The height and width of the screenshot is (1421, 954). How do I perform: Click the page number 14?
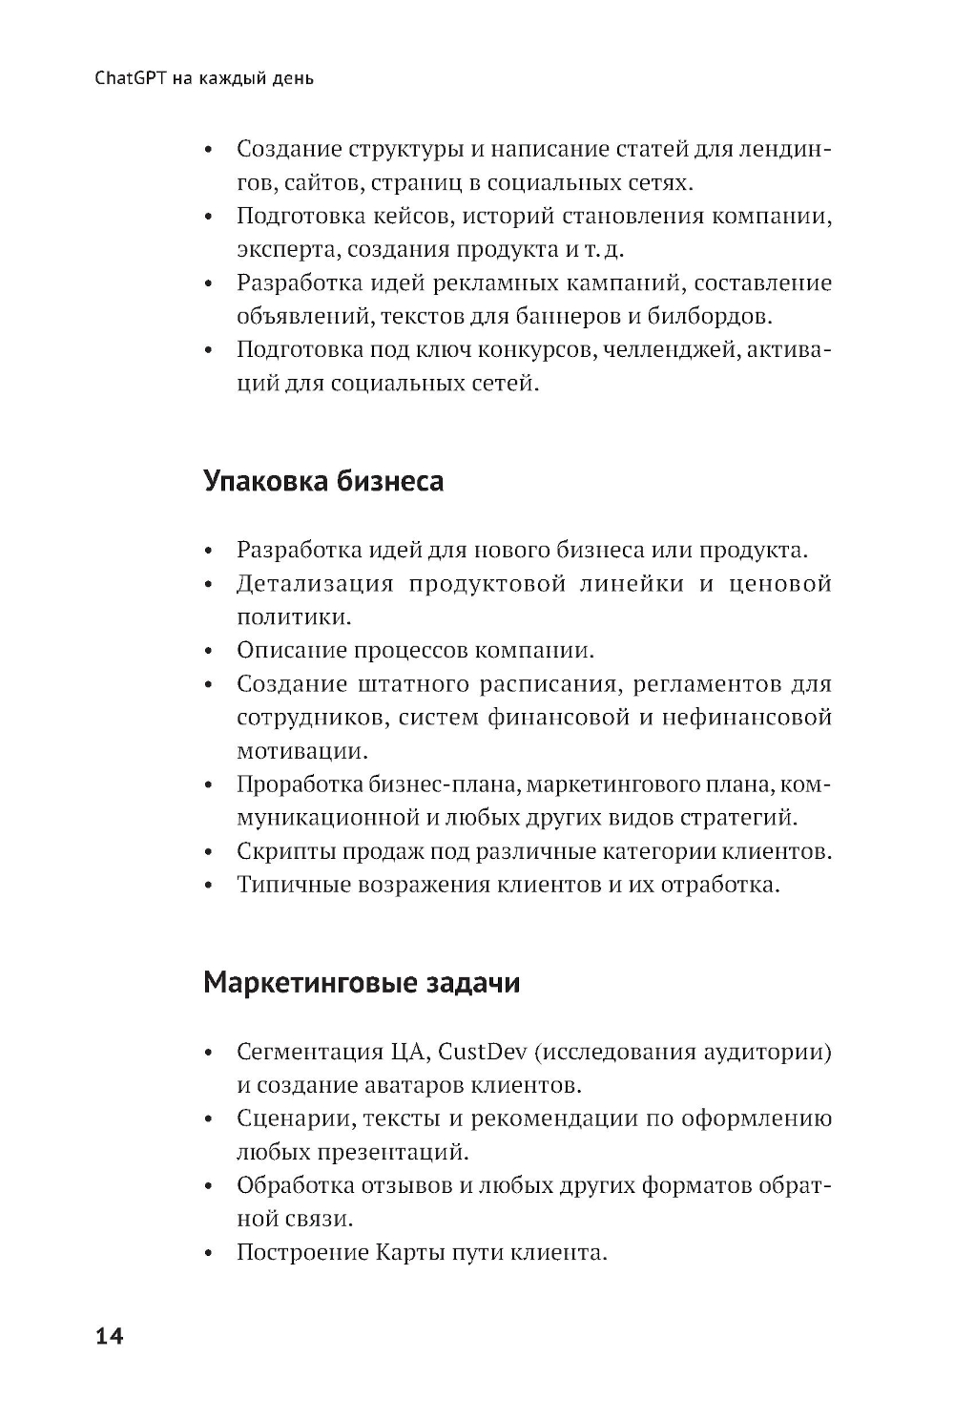coord(110,1336)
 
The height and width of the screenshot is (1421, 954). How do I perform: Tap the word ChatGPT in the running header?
coord(132,78)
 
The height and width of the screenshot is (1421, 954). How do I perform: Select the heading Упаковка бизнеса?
coord(323,481)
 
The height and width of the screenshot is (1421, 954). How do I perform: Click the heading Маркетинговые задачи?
coord(362,982)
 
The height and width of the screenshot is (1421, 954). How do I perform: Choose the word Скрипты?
coord(282,850)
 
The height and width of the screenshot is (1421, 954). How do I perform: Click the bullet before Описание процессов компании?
coord(209,652)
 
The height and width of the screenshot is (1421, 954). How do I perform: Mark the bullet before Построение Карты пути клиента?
coord(209,1253)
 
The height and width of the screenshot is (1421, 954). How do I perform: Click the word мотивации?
coord(301,751)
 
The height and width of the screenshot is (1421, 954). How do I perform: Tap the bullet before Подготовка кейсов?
coord(209,218)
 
